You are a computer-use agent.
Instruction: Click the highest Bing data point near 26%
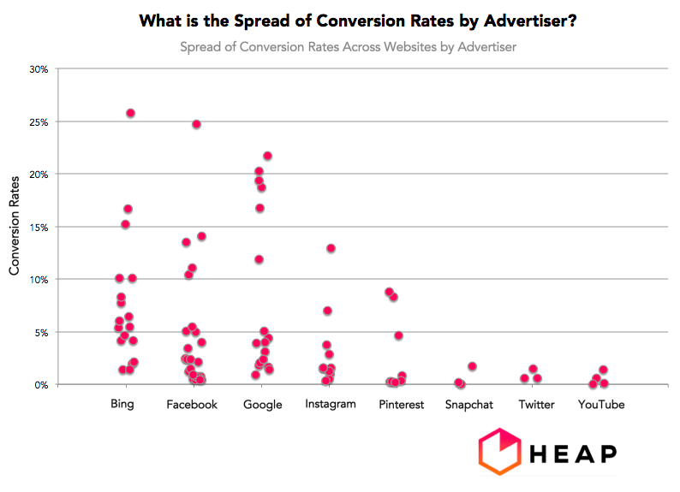coord(130,113)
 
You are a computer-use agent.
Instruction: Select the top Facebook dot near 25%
coord(196,124)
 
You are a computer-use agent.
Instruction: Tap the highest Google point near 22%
coord(267,156)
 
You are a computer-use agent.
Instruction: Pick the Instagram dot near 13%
coord(331,248)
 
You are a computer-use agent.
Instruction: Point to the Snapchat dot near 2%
coord(472,366)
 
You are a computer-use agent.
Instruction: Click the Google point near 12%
coord(259,259)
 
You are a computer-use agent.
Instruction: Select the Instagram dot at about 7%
coord(327,311)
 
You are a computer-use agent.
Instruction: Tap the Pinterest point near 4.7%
coord(398,335)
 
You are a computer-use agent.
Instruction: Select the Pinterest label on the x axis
coord(401,405)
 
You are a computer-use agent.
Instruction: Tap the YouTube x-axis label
coord(600,405)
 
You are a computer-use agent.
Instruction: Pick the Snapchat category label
coord(468,405)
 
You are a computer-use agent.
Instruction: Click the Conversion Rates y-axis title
coord(15,227)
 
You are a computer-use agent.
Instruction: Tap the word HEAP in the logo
coord(572,453)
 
